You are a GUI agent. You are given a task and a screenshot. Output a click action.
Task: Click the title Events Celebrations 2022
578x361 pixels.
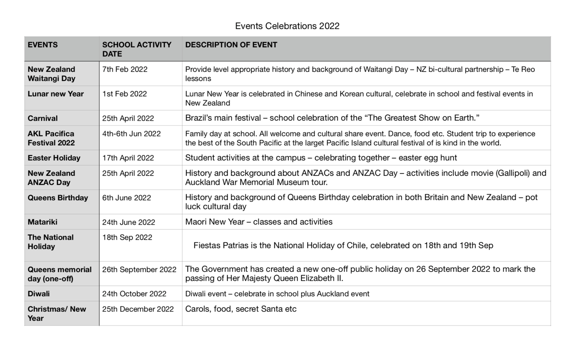click(x=287, y=26)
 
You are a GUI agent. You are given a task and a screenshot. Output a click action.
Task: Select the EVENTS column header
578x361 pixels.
click(x=42, y=45)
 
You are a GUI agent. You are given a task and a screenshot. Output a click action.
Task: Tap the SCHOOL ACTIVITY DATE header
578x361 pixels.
click(x=136, y=49)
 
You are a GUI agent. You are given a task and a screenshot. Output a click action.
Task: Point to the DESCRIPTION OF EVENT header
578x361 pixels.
click(x=231, y=45)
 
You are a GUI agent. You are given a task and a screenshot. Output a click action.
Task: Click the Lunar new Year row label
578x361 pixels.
click(x=55, y=94)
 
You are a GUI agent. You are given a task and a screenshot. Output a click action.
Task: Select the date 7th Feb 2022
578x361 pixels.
click(x=125, y=70)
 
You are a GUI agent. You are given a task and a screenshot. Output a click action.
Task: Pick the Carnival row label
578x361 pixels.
click(x=42, y=118)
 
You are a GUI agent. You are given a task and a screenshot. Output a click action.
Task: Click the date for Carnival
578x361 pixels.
click(x=128, y=118)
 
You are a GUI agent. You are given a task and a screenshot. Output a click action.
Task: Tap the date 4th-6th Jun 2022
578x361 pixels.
click(x=131, y=134)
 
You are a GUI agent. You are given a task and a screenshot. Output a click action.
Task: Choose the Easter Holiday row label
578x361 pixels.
click(x=54, y=158)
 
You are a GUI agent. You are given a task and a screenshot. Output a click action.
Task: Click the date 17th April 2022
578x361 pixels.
click(x=128, y=158)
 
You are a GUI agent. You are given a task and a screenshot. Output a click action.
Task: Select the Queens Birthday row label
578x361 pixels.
click(x=58, y=198)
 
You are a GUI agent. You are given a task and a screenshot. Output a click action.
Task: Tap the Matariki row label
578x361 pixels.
click(x=42, y=222)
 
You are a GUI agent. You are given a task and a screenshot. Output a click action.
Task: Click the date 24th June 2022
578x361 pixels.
click(x=129, y=222)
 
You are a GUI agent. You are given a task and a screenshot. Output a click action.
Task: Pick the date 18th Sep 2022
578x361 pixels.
click(x=127, y=238)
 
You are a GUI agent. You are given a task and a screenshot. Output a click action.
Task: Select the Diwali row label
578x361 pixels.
click(x=39, y=294)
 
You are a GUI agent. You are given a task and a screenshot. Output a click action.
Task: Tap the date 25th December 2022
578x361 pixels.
click(x=138, y=309)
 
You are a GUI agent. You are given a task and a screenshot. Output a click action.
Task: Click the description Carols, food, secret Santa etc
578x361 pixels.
click(x=241, y=309)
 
